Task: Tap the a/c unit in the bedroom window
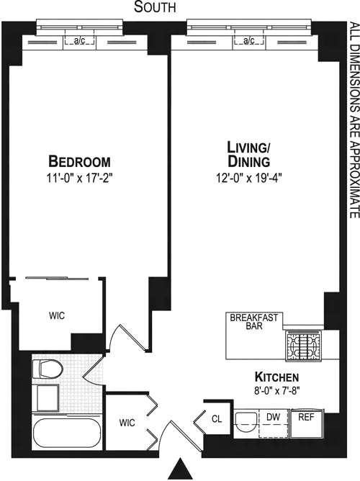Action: point(80,42)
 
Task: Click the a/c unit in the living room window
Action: point(248,42)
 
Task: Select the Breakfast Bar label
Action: point(254,321)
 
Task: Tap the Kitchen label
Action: point(277,377)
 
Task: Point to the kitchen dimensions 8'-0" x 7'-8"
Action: point(277,391)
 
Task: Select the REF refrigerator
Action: point(305,415)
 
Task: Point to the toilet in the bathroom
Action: point(47,369)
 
